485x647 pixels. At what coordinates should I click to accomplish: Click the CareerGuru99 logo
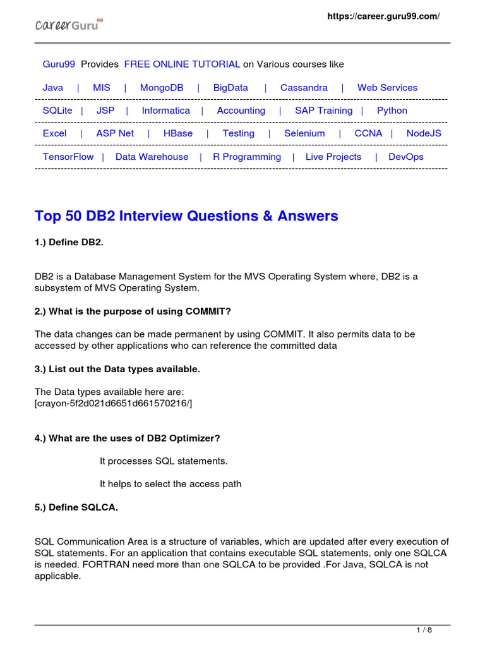[68, 25]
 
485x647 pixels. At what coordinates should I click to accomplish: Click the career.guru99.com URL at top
[383, 16]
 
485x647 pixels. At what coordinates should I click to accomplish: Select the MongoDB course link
[162, 88]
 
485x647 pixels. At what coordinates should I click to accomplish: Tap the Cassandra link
[304, 88]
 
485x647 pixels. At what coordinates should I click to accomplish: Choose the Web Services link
[387, 88]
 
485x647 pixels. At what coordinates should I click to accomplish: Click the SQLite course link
[57, 111]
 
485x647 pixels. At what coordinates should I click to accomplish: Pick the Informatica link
[165, 111]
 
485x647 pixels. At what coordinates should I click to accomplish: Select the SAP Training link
[323, 111]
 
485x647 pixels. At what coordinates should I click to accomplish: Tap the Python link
[392, 111]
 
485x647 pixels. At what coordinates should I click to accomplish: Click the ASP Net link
[115, 133]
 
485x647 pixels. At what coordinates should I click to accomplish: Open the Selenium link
[304, 133]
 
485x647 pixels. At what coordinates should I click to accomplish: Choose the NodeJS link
[424, 133]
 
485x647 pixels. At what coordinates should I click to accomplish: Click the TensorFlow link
[68, 157]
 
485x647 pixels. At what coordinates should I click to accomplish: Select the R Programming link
[247, 157]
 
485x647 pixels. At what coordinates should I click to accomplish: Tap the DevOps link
[406, 157]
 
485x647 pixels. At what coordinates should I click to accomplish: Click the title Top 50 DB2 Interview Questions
[186, 216]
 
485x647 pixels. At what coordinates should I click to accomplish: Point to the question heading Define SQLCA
[76, 507]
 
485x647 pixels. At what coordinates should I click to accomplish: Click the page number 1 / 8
[424, 631]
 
